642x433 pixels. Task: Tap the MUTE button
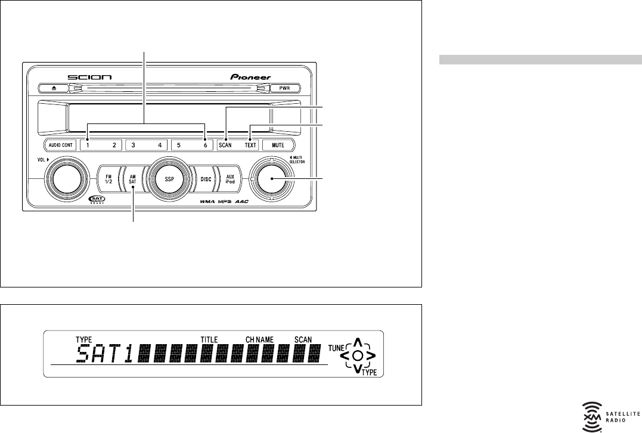tap(278, 145)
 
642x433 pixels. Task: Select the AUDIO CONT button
tap(61, 145)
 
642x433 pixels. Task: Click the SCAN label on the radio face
tap(225, 145)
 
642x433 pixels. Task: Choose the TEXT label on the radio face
tap(250, 145)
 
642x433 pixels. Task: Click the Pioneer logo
tap(250, 77)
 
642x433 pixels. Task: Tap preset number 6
tap(204, 145)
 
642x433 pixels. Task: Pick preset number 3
tap(133, 145)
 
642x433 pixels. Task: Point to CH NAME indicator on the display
tap(259, 339)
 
